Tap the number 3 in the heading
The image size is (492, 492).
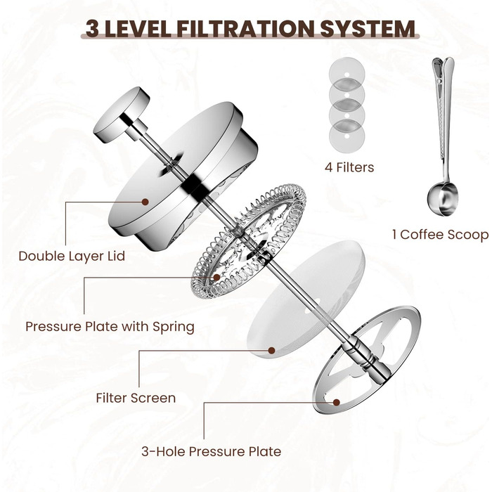point(92,29)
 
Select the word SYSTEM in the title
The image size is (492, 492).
point(368,29)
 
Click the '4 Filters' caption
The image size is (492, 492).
point(349,167)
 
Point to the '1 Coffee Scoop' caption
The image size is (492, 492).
point(440,234)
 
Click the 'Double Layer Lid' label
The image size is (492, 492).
point(72,256)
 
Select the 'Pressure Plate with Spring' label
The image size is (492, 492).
point(110,326)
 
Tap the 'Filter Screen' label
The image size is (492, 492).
point(136,398)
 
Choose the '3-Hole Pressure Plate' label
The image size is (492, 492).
point(211,451)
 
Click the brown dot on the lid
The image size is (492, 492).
point(145,202)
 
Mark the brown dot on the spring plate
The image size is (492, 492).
point(216,277)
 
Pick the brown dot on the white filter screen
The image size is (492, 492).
point(272,351)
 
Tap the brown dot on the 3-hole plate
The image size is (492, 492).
point(337,402)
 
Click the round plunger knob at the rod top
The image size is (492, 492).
point(121,115)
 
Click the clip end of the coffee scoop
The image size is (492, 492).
point(443,79)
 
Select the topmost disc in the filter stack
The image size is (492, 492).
point(347,74)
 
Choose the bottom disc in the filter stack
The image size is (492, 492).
point(347,138)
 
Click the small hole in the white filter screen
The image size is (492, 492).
point(309,311)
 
